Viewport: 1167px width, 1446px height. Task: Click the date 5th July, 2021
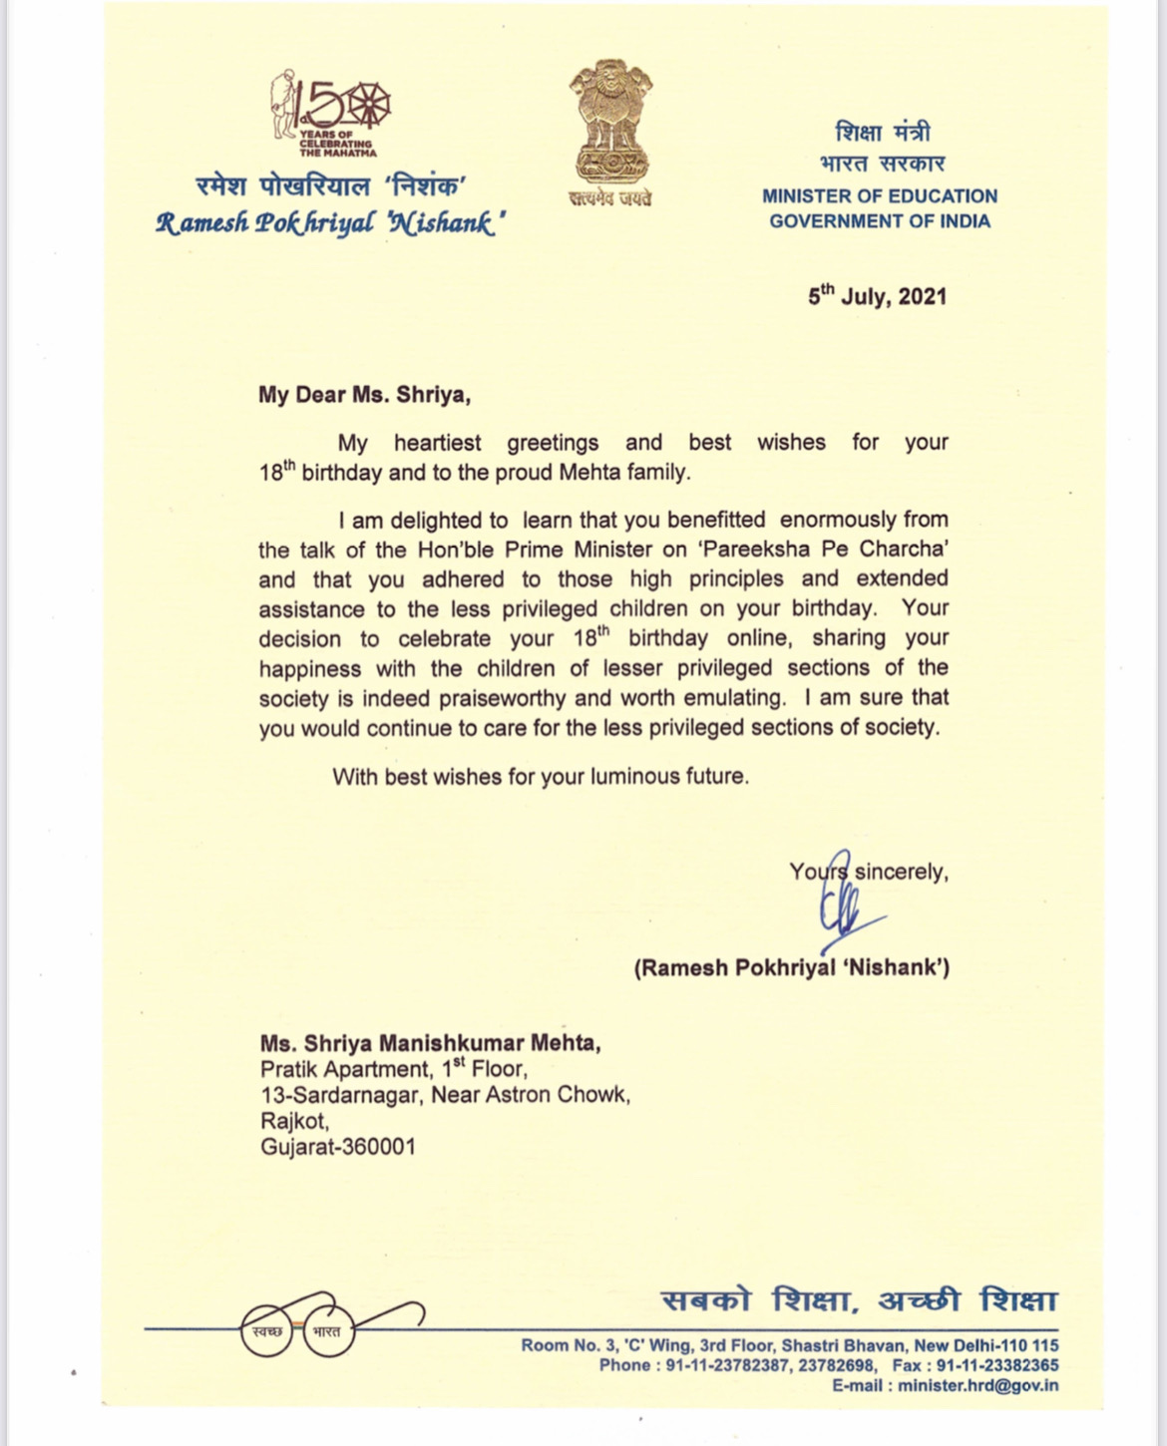pyautogui.click(x=877, y=296)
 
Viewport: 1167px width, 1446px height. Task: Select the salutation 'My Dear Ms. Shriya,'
pyautogui.click(x=364, y=395)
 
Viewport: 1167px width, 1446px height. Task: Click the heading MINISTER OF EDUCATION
pyautogui.click(x=880, y=196)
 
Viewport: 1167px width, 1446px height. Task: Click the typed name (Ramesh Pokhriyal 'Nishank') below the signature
pyautogui.click(x=791, y=966)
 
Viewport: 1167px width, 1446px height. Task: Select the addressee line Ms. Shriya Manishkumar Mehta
pyautogui.click(x=430, y=1043)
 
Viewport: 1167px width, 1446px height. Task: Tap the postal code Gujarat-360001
pyautogui.click(x=337, y=1147)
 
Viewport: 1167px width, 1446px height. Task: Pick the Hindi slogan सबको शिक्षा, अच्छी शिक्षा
pyautogui.click(x=859, y=1301)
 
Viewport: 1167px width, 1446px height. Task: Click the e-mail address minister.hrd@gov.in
pyautogui.click(x=977, y=1385)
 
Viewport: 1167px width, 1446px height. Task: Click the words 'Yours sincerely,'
pyautogui.click(x=868, y=872)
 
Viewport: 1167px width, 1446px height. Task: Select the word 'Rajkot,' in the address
pyautogui.click(x=294, y=1121)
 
